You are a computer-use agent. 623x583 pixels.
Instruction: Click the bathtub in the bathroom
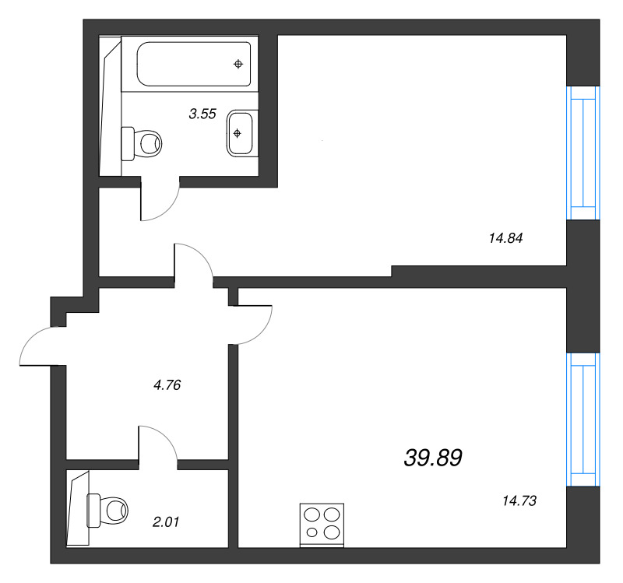coord(193,64)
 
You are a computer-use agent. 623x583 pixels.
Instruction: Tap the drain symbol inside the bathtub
coord(238,64)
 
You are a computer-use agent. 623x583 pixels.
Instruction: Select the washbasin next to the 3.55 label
coord(240,133)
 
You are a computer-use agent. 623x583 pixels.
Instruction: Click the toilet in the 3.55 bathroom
coord(142,143)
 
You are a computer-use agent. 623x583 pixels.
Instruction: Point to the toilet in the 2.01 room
coord(107,511)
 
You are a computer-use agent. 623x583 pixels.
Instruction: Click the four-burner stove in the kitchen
coord(322,525)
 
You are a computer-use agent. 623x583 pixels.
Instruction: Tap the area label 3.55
coord(202,114)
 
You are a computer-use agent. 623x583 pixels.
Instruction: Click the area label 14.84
coord(505,238)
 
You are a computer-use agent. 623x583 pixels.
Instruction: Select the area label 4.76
coord(167,385)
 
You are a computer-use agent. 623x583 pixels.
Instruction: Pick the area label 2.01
coord(166,522)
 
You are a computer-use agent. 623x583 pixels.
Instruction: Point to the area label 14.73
coord(519,501)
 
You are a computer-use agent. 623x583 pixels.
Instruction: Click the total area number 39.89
coord(433,458)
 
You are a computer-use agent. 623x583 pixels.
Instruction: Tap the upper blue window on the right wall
coord(583,153)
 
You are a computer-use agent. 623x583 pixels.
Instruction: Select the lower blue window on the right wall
coord(583,420)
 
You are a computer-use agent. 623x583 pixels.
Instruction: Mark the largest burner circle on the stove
coord(332,532)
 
